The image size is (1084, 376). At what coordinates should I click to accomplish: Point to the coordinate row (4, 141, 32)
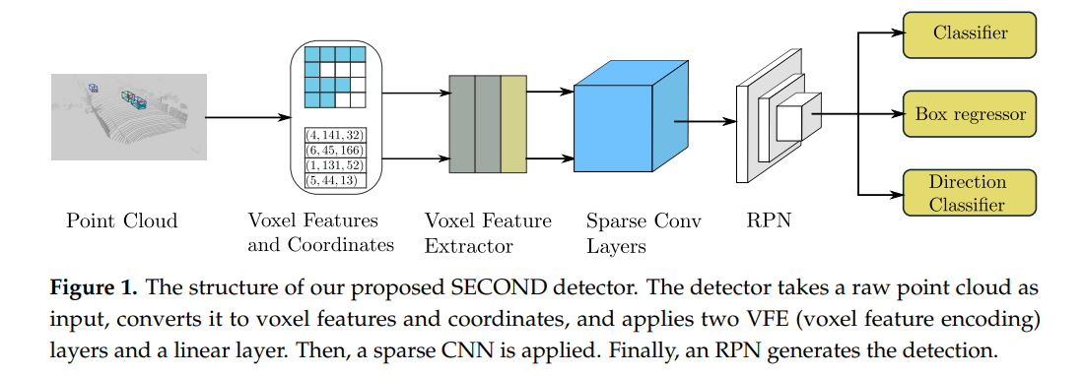pyautogui.click(x=335, y=135)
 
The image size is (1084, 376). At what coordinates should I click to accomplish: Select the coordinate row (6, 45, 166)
pyautogui.click(x=335, y=150)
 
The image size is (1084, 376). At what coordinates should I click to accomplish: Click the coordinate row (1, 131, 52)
pyautogui.click(x=335, y=165)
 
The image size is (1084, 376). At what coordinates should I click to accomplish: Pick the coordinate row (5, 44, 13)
pyautogui.click(x=335, y=180)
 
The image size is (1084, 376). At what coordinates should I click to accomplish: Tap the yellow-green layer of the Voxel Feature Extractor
pyautogui.click(x=514, y=123)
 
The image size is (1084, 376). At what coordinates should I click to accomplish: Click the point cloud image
pyautogui.click(x=129, y=115)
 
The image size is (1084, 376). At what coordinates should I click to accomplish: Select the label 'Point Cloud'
pyautogui.click(x=122, y=220)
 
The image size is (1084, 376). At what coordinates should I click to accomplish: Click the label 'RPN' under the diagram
pyautogui.click(x=768, y=220)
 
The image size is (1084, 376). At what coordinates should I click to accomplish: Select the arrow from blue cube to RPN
pyautogui.click(x=705, y=122)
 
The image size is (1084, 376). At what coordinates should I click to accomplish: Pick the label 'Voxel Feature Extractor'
pyautogui.click(x=488, y=232)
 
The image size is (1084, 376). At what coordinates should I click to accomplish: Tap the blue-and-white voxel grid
pyautogui.click(x=335, y=77)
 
